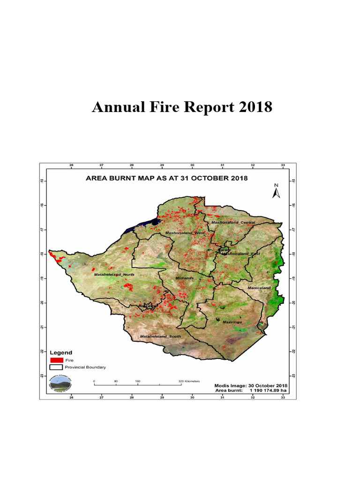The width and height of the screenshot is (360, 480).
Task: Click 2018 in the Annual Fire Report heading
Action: (x=254, y=107)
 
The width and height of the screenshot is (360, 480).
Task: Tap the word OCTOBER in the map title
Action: (x=203, y=178)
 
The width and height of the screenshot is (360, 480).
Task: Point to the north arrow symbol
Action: (x=277, y=191)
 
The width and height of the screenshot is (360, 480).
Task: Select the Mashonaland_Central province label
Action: (x=233, y=222)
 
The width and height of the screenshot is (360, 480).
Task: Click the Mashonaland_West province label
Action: (x=185, y=232)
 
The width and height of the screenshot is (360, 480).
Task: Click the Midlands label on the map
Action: (x=185, y=278)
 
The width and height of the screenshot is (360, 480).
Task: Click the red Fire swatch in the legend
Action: (x=56, y=360)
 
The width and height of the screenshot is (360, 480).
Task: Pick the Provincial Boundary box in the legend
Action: (x=56, y=367)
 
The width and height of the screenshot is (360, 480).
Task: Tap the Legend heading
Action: (x=62, y=352)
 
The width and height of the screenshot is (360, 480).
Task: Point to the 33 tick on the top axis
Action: (x=283, y=165)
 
